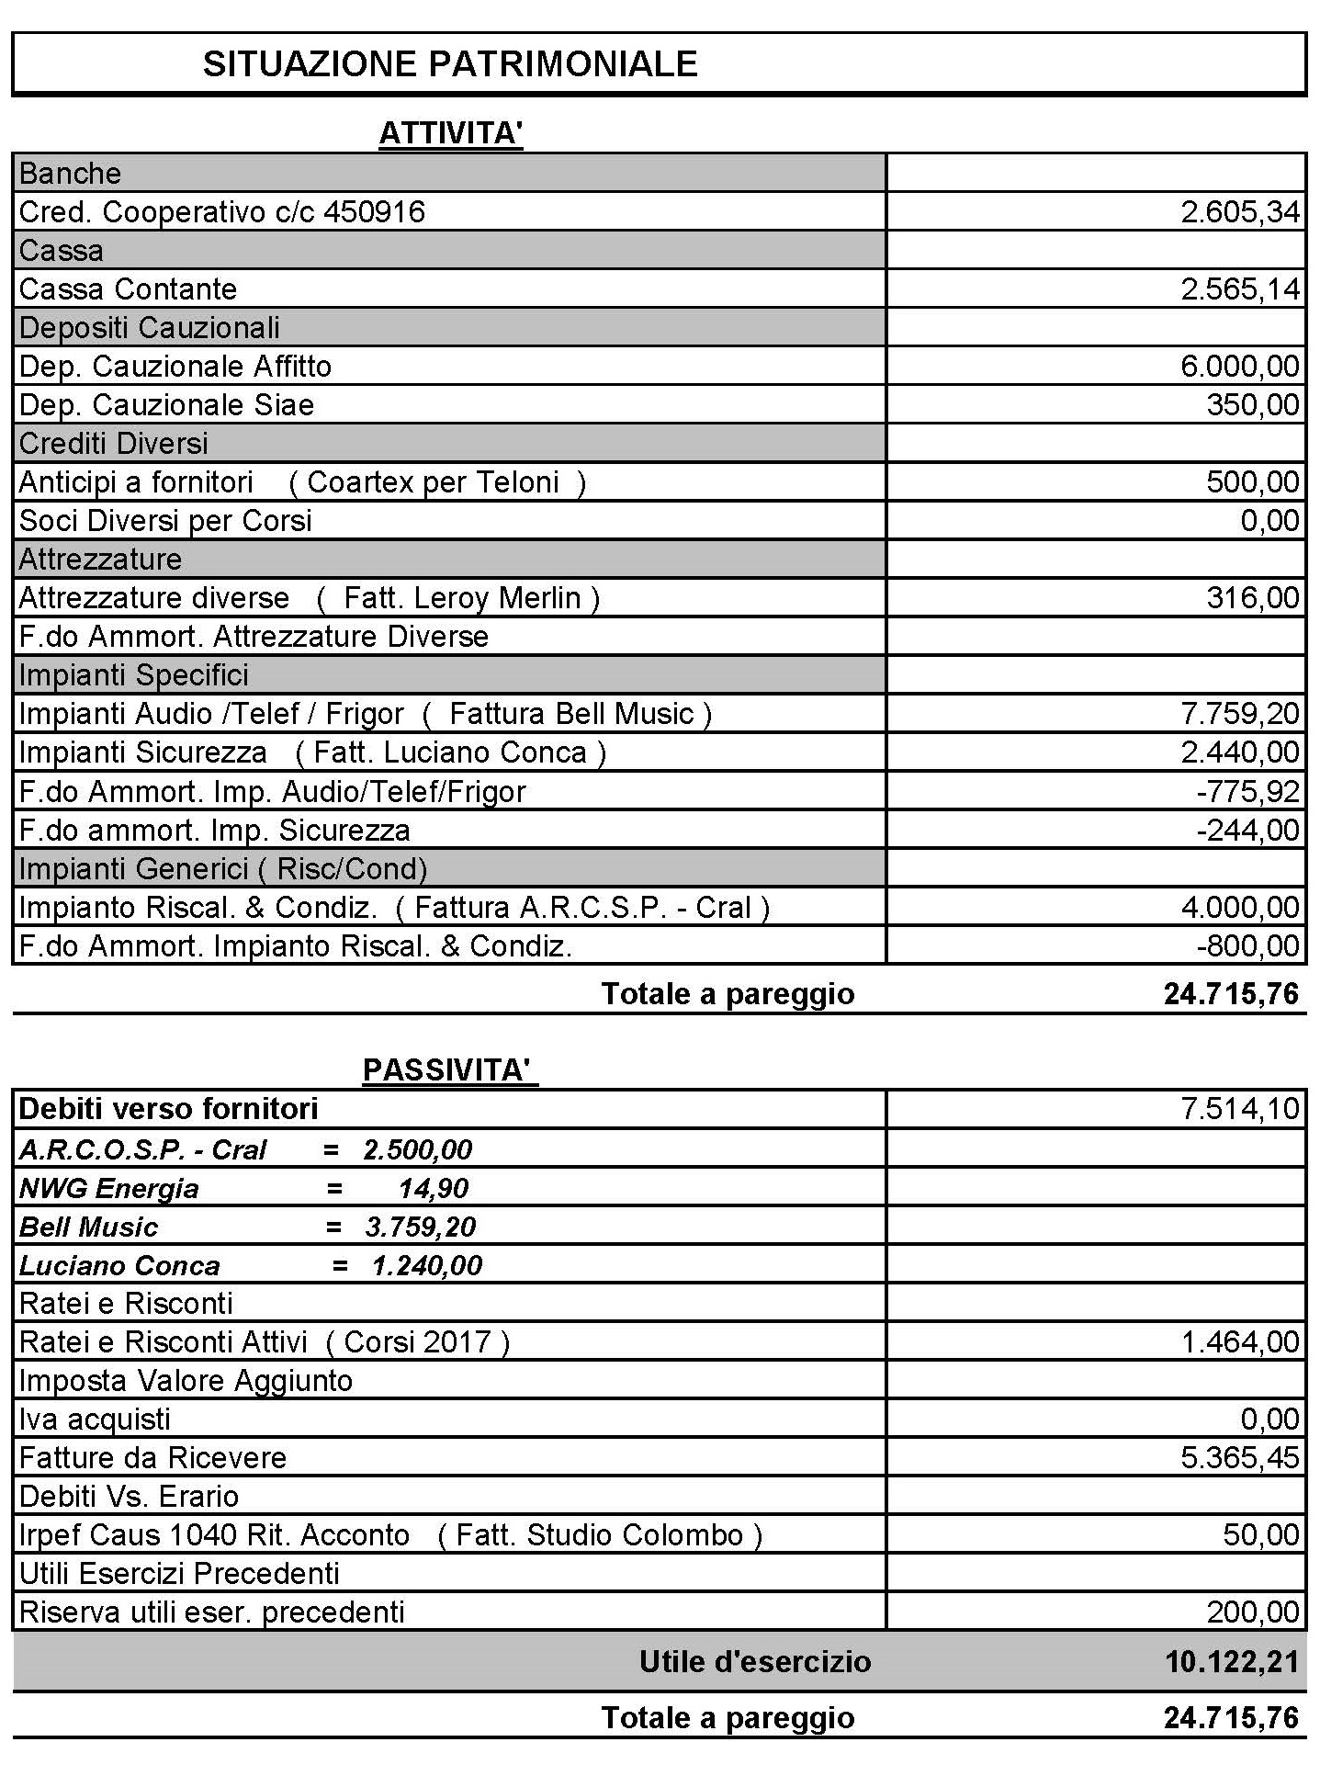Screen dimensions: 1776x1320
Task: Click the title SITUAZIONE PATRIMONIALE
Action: (x=450, y=63)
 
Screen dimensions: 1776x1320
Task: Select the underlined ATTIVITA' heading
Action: (x=450, y=133)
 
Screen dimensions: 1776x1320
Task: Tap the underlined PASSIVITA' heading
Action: (x=449, y=1070)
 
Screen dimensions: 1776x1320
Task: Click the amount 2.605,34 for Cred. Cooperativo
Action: (x=1240, y=212)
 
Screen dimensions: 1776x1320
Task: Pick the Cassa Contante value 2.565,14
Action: (x=1240, y=289)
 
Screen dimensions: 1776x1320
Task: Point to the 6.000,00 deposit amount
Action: (x=1240, y=367)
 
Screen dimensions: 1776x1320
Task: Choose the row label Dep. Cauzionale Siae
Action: (x=166, y=405)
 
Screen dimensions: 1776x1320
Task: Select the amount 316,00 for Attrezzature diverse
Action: (x=1253, y=598)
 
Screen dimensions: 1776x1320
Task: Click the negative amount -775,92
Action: (x=1247, y=791)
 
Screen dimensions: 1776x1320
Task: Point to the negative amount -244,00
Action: (x=1247, y=831)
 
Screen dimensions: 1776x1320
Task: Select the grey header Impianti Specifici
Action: (x=133, y=675)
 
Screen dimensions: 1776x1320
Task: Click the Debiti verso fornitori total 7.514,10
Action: (x=1240, y=1109)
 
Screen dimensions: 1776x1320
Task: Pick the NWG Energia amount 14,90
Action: (x=433, y=1188)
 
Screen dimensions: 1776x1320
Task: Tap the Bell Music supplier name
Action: (x=88, y=1227)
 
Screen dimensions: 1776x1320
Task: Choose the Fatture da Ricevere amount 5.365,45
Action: (x=1240, y=1458)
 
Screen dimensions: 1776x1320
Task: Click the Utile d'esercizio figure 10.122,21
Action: (x=1231, y=1661)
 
